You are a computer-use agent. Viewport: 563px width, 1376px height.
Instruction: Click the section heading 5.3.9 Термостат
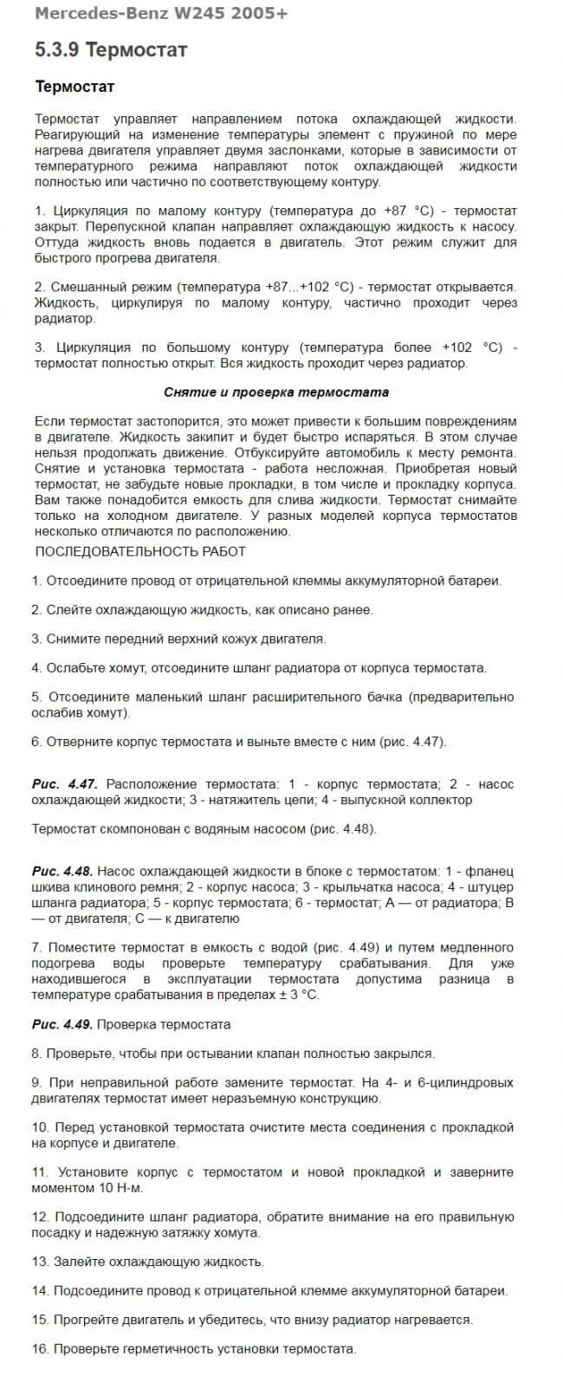click(111, 50)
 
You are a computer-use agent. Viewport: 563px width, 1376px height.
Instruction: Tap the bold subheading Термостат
click(74, 87)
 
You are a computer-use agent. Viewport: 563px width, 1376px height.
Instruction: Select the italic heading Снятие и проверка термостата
click(276, 392)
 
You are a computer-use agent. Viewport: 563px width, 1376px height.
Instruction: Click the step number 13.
click(39, 1262)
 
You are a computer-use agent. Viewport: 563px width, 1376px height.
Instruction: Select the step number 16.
click(39, 1349)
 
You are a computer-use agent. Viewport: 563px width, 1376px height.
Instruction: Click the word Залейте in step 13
click(77, 1262)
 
